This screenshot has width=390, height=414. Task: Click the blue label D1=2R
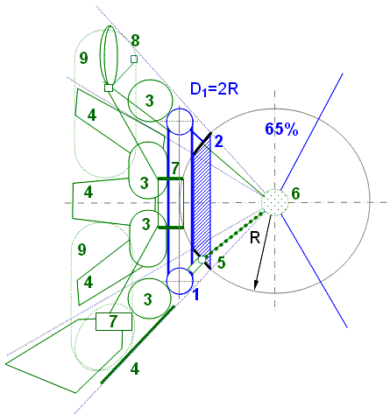pyautogui.click(x=215, y=88)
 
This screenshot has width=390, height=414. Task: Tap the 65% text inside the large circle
pyautogui.click(x=281, y=129)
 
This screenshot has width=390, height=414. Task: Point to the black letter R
pyautogui.click(x=255, y=238)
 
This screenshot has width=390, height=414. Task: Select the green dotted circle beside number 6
pyautogui.click(x=274, y=202)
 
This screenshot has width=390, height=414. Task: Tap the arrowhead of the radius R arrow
pyautogui.click(x=256, y=285)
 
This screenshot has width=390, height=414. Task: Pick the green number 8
pyautogui.click(x=135, y=40)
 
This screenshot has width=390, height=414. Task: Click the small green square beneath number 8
pyautogui.click(x=134, y=59)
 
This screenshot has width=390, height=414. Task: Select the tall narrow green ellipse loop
pyautogui.click(x=109, y=55)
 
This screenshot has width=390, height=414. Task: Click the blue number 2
pyautogui.click(x=219, y=142)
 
